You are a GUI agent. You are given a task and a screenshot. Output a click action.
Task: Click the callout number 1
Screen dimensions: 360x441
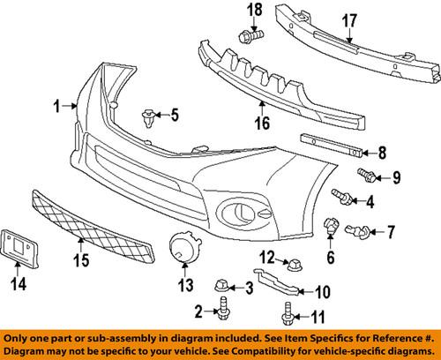pos(58,106)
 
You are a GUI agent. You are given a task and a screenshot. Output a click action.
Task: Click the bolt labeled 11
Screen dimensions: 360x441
pos(287,311)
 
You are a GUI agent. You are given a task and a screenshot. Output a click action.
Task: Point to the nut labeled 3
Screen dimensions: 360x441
pos(223,283)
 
